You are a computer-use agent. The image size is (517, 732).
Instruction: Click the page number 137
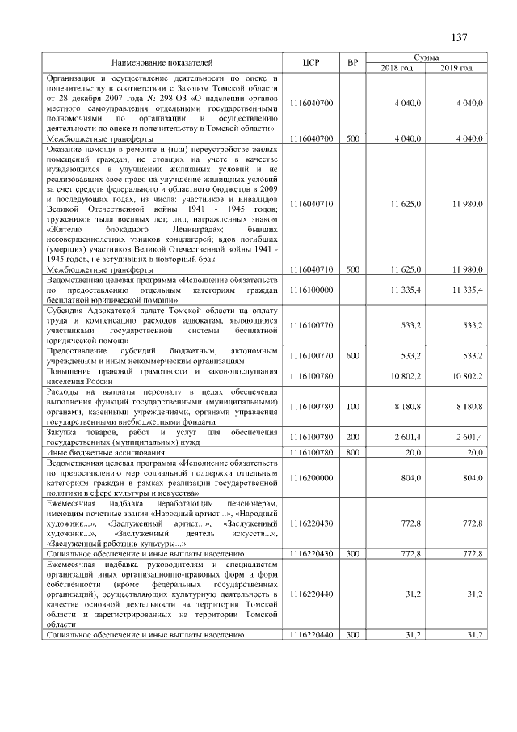coord(459,37)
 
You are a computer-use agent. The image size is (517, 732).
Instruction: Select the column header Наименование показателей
coord(162,62)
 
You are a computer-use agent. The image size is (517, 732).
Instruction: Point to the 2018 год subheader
coord(396,67)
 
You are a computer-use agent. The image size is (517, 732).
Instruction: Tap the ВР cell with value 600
coord(352,354)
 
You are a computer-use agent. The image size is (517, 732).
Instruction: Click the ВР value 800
coord(352,452)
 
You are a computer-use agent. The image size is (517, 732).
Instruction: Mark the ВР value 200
coord(352,437)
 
